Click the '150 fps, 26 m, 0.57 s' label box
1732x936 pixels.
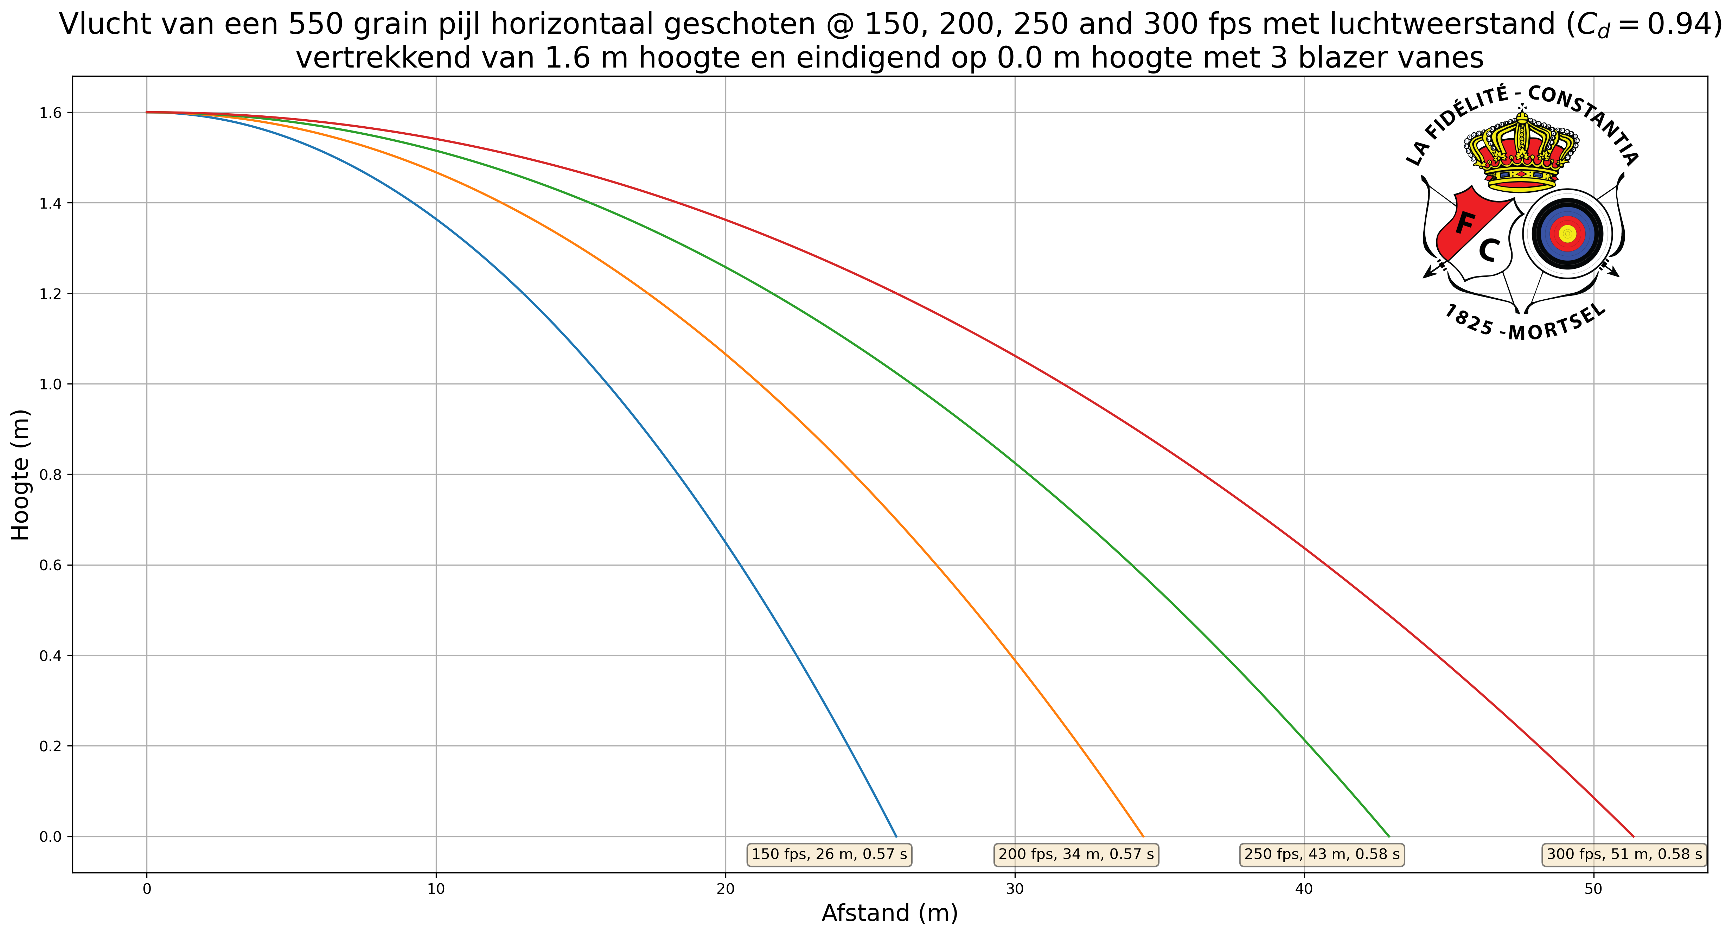point(829,855)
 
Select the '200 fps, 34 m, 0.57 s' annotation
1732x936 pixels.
point(1076,855)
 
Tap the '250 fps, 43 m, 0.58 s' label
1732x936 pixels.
point(1322,855)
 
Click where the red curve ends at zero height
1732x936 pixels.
point(1634,836)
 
